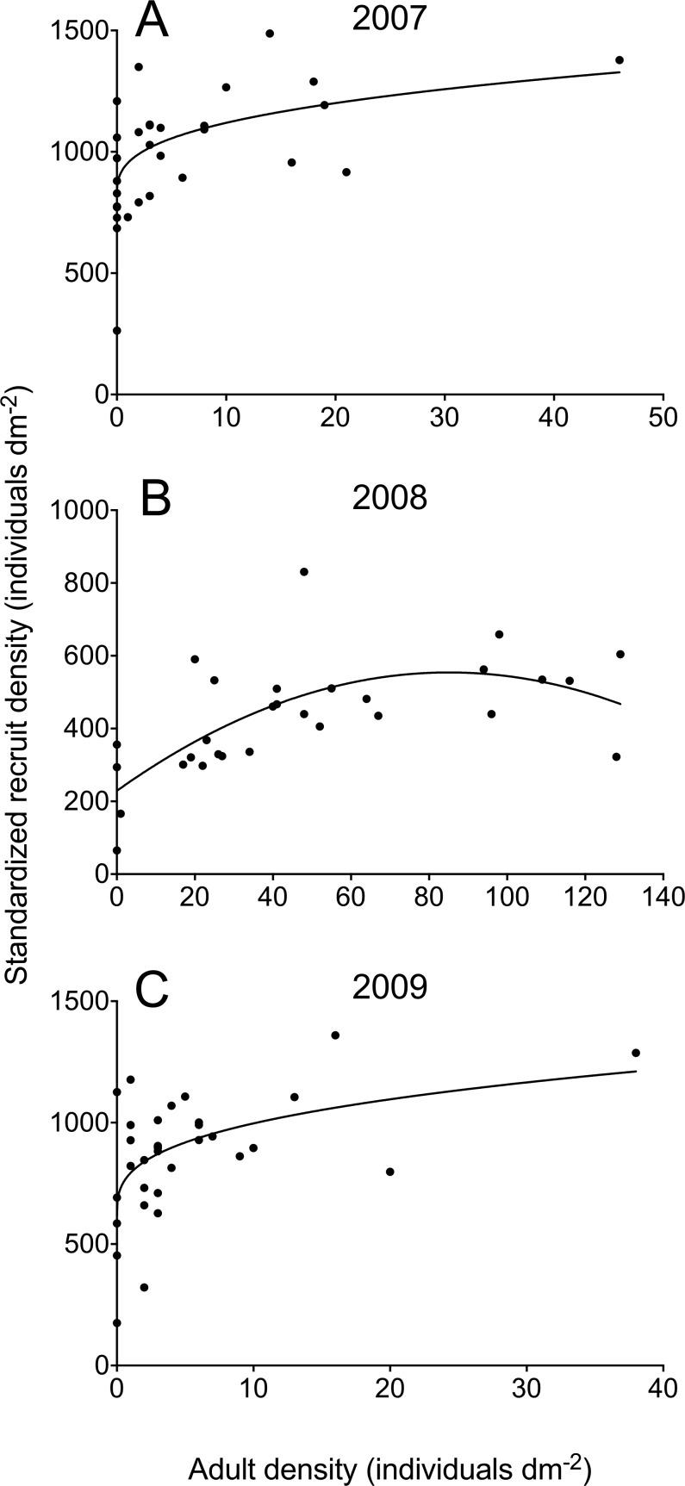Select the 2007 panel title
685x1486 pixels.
coord(389,19)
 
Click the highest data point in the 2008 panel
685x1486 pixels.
coord(304,571)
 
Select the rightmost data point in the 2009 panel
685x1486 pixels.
coord(636,1053)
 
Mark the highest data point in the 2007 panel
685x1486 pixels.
coord(270,34)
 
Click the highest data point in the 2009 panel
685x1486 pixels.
coord(335,1035)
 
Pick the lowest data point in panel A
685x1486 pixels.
coord(117,331)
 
